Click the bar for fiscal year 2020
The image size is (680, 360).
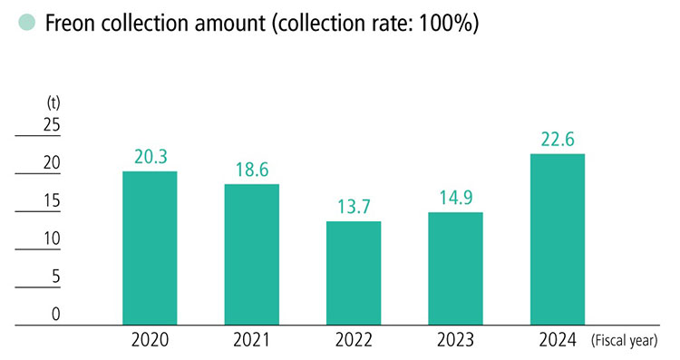[x=150, y=247]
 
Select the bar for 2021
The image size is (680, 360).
[x=251, y=253]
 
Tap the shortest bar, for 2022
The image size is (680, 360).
[x=354, y=272]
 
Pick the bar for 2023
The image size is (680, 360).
[x=455, y=268]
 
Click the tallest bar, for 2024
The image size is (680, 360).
[x=557, y=238]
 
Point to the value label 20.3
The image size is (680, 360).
[x=150, y=156]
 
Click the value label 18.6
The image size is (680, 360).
[x=251, y=169]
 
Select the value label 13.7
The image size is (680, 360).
[x=354, y=206]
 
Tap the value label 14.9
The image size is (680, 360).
[x=455, y=197]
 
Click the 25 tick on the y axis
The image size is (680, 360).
[x=51, y=125]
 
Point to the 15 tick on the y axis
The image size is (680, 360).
[x=51, y=201]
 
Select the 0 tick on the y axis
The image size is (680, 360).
[x=55, y=315]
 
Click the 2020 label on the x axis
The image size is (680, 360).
[x=150, y=342]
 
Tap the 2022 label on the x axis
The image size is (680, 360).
[x=354, y=342]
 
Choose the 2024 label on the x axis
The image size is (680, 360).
[x=557, y=342]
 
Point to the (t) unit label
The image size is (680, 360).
[x=52, y=102]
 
